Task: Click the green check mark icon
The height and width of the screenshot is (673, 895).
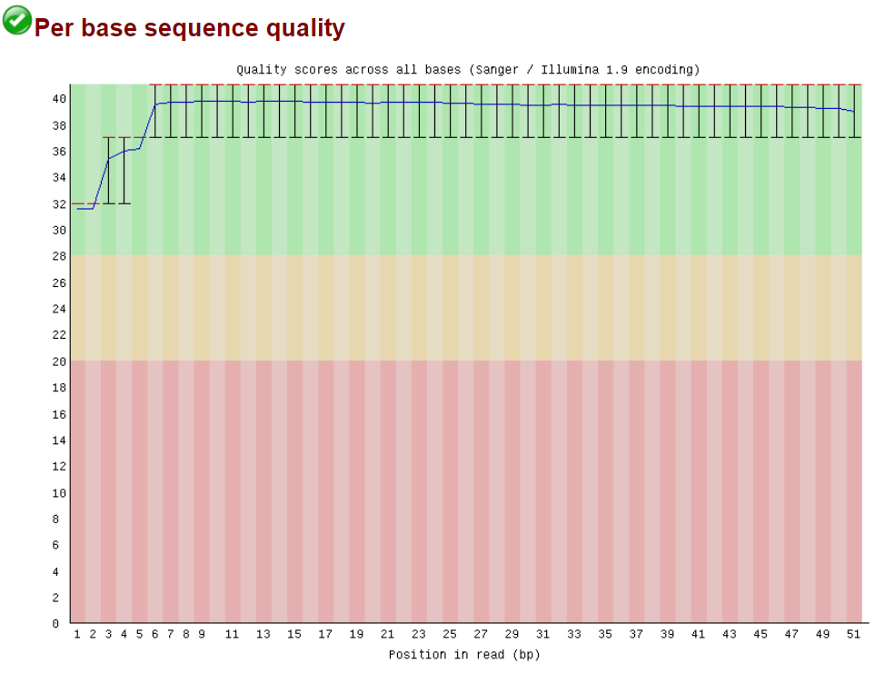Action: pos(16,20)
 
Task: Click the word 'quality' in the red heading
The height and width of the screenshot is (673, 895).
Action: pos(305,29)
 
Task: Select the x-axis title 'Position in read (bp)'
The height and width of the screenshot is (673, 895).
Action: pos(463,654)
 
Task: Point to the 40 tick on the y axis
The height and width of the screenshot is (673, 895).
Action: pos(59,99)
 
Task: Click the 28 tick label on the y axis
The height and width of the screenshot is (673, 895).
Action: pos(59,256)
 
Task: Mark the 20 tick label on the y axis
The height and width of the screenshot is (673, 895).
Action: pos(59,361)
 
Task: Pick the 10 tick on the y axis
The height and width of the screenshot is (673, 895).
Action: pos(59,492)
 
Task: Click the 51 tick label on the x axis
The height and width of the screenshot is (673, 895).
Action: pos(853,635)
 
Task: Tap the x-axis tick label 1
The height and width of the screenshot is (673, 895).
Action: pos(77,635)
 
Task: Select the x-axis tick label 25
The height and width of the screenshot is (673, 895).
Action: pos(450,635)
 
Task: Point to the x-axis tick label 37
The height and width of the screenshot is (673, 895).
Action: pos(636,635)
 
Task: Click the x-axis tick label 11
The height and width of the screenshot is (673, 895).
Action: pos(233,635)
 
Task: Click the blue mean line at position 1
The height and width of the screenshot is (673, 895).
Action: pos(78,209)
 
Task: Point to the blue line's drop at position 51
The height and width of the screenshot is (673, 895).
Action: pos(853,111)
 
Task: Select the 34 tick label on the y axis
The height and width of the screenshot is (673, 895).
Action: pos(59,178)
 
